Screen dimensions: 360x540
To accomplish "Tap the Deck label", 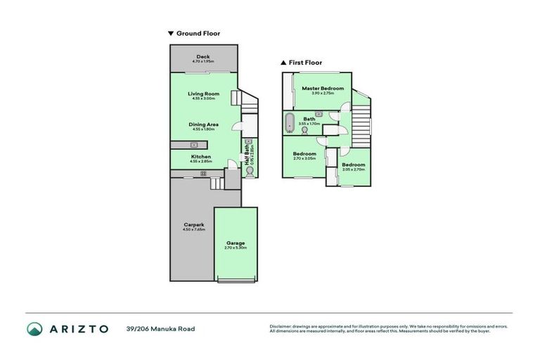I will coord(203,57).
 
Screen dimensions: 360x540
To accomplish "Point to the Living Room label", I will coord(203,94).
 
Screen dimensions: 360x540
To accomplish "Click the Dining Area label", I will coord(203,124).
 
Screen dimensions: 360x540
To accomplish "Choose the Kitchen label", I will coord(201,156).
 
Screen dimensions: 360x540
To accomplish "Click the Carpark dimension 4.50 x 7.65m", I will coord(193,230).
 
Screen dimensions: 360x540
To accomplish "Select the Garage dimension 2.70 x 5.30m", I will coord(236,247).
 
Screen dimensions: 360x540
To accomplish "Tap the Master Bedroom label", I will coord(323,88).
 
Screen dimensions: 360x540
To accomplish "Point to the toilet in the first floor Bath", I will coord(304,129).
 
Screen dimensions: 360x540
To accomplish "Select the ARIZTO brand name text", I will coord(79,328).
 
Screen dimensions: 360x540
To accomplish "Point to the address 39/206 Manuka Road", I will coord(160,328).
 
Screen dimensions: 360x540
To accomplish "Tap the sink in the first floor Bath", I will coord(319,112).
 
